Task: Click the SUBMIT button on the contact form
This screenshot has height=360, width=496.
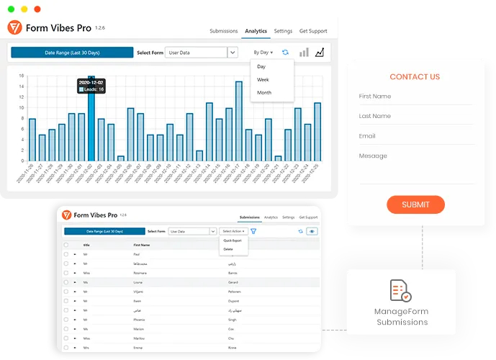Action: coord(415,204)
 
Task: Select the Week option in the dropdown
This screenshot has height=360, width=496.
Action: coord(263,79)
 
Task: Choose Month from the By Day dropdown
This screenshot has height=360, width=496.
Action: coord(264,92)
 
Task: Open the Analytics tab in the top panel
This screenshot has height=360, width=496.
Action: coord(256,31)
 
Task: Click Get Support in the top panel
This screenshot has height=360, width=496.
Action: coord(313,31)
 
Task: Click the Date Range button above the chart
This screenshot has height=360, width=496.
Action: coord(72,53)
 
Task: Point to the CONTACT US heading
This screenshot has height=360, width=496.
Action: coord(415,77)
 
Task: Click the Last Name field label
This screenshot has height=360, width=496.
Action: coord(375,116)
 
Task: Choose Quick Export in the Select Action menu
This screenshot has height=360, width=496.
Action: coord(232,240)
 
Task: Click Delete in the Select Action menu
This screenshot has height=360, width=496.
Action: coord(228,249)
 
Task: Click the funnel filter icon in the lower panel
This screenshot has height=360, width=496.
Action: coord(254,231)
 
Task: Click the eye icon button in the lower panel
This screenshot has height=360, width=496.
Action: coord(312,231)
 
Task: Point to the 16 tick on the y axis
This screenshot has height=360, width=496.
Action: coord(22,76)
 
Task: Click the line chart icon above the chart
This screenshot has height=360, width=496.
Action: coord(320,53)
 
